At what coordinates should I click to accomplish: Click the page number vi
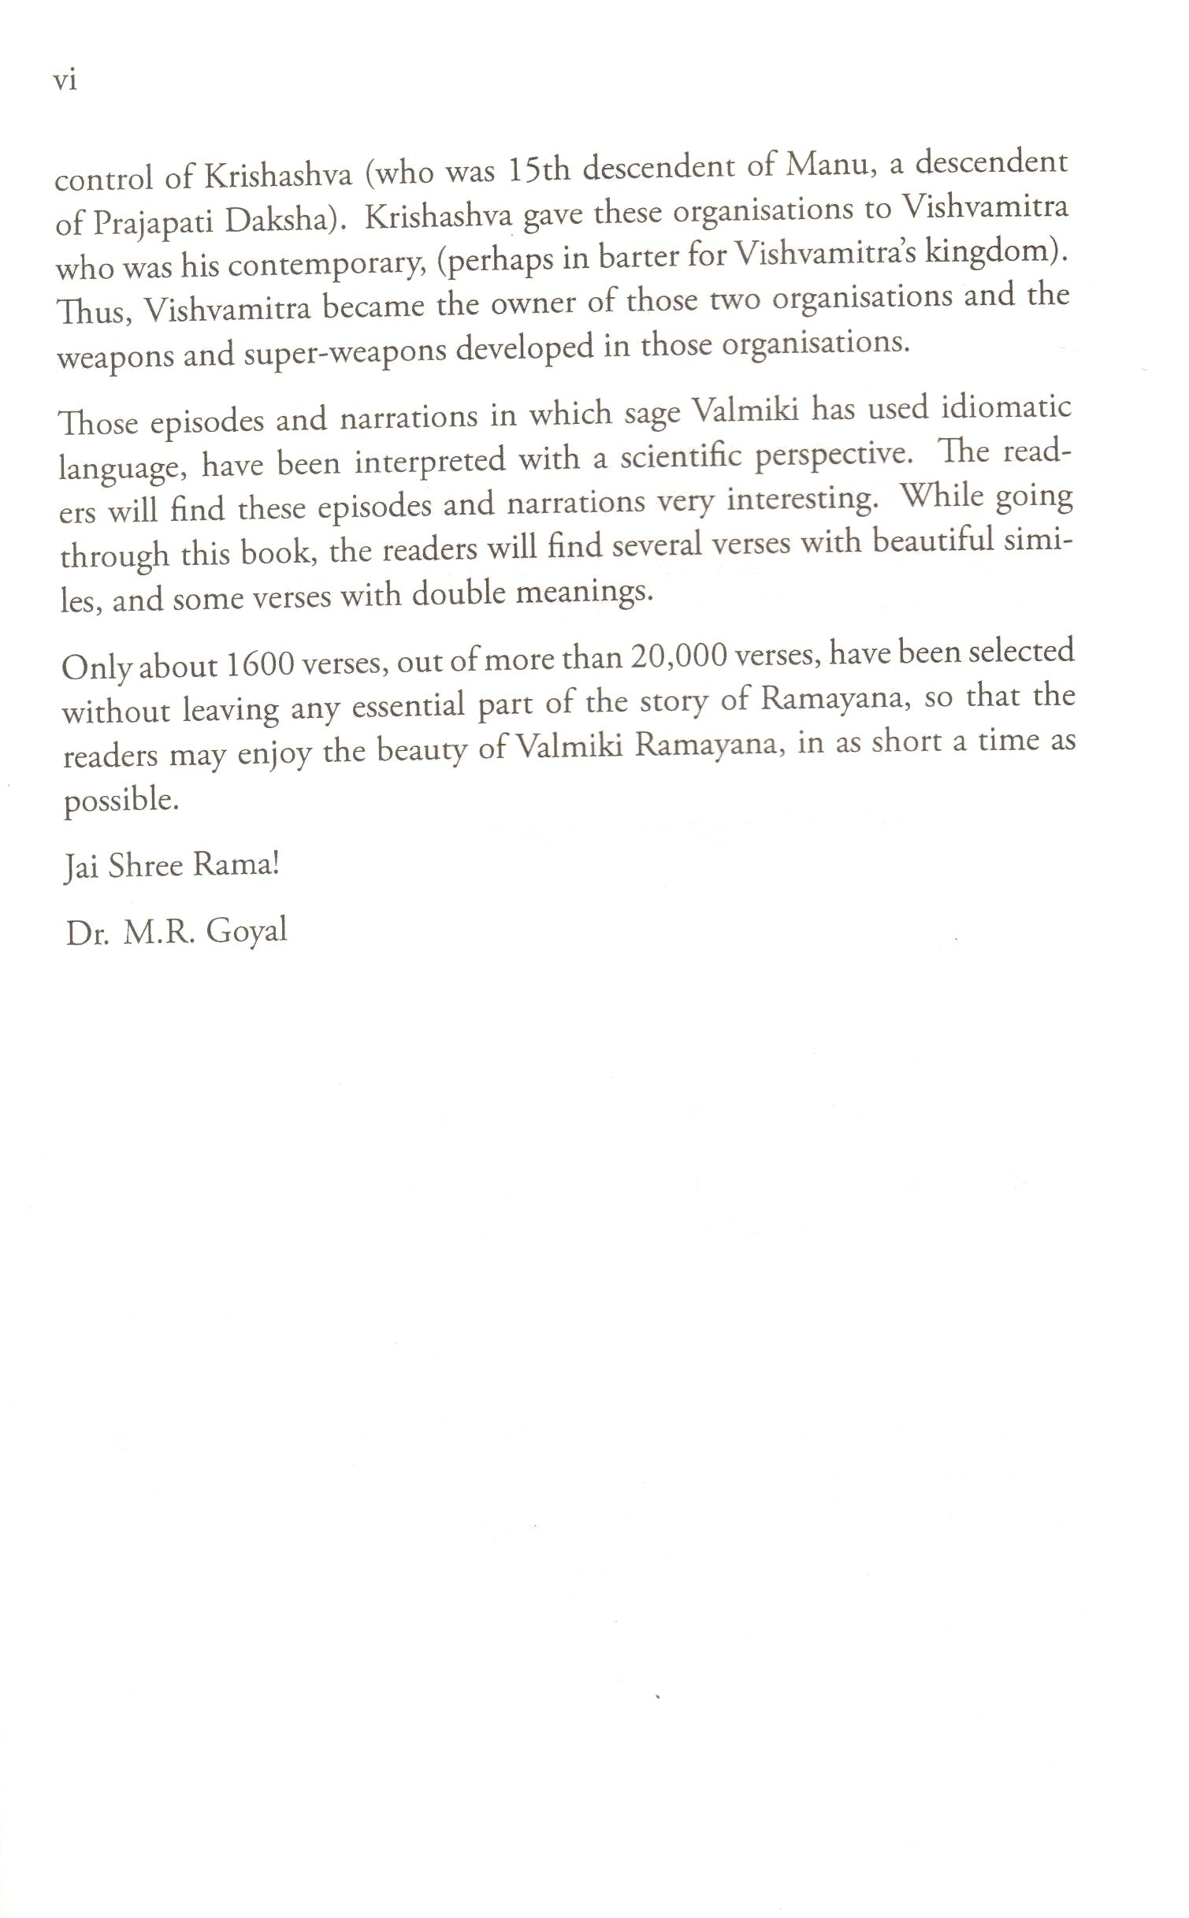click(x=65, y=80)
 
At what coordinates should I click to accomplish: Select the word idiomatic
click(x=1006, y=408)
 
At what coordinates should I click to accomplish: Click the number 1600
click(x=259, y=665)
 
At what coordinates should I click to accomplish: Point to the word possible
click(x=121, y=801)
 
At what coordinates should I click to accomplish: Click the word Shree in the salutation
click(x=145, y=866)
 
